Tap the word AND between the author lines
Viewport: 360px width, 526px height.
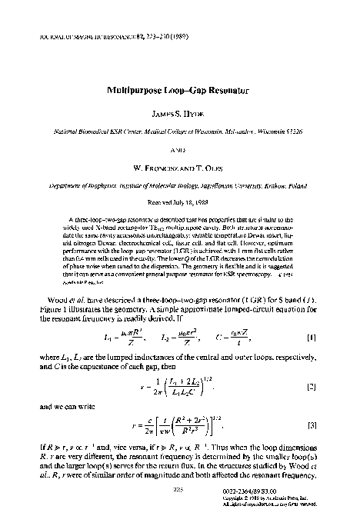pos(180,151)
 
